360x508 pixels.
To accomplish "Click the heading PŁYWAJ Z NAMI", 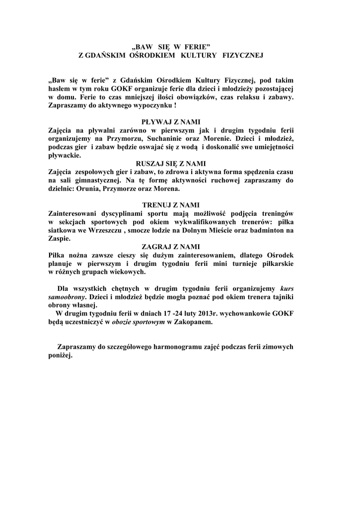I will (x=170, y=122).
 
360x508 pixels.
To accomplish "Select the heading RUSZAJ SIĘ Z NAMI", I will (x=170, y=163).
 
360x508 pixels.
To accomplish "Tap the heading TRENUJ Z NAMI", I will (x=170, y=205).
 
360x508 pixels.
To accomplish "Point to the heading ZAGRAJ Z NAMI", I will (x=170, y=247).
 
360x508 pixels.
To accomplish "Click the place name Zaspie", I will (x=59, y=239).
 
